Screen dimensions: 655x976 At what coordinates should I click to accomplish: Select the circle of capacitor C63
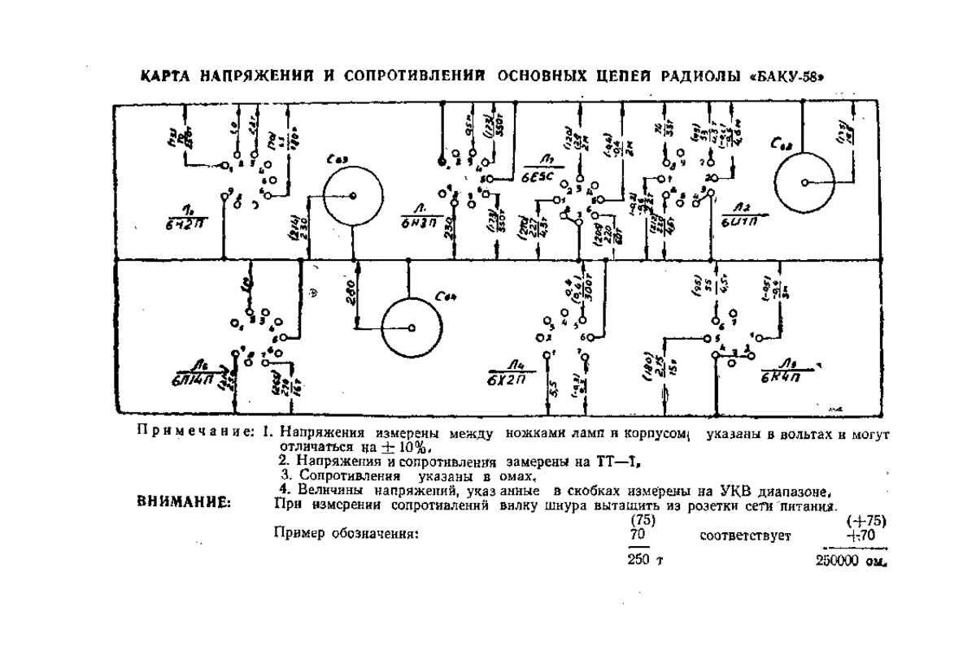click(x=352, y=196)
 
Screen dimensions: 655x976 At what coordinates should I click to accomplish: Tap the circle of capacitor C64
click(x=412, y=327)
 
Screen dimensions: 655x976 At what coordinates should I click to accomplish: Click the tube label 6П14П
click(x=192, y=379)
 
